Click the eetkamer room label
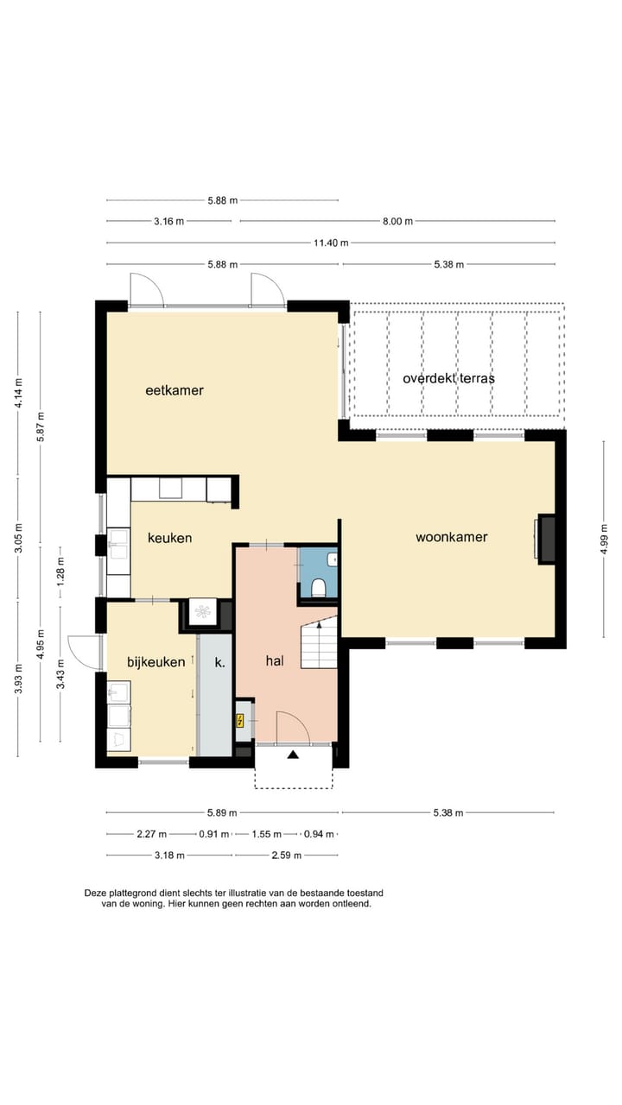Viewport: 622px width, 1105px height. [x=175, y=391]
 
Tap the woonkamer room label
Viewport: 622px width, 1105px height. [x=452, y=537]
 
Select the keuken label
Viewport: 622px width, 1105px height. [x=170, y=538]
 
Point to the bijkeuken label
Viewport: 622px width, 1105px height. [x=156, y=662]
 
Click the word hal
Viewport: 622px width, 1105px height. [x=275, y=661]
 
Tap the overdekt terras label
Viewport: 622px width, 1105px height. [x=448, y=378]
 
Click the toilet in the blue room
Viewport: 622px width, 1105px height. [x=319, y=589]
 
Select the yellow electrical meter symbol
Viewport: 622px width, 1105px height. [x=240, y=721]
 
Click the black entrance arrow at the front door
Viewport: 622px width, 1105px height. [x=293, y=755]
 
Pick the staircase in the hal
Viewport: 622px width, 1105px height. [x=319, y=644]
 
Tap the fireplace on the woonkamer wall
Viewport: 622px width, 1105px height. [x=545, y=540]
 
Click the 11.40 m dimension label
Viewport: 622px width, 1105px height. [x=331, y=243]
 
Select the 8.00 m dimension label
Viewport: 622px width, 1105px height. [x=398, y=222]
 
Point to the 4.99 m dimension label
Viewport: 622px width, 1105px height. [x=604, y=540]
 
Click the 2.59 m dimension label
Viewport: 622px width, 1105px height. [x=286, y=856]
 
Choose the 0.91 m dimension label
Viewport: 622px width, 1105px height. [x=213, y=834]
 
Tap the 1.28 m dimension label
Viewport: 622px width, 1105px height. [x=60, y=571]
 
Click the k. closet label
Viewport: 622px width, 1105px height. [x=219, y=662]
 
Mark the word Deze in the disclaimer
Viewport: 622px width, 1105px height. [x=95, y=893]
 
